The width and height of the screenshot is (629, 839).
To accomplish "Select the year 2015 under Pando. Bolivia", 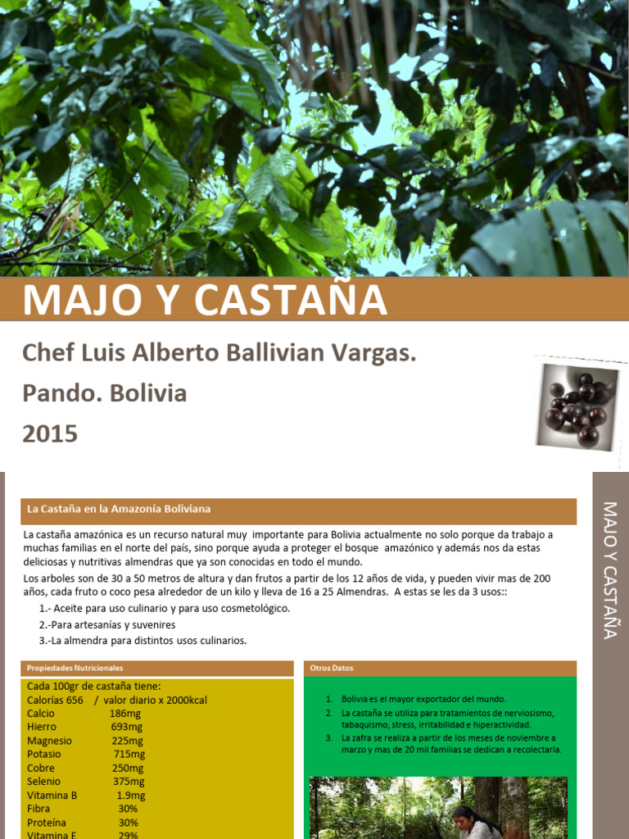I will point(50,433).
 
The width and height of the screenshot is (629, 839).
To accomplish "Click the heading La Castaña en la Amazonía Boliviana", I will point(119,509).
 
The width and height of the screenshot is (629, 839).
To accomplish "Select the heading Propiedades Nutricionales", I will point(75,668).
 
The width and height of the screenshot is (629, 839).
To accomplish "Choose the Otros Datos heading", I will point(332,668).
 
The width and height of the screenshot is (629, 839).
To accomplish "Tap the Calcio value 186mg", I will point(125,714).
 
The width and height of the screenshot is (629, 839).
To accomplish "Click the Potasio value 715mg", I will point(129,754).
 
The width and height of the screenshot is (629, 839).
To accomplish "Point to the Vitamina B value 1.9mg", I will point(130,795).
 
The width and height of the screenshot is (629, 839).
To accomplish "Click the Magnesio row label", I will point(49,741).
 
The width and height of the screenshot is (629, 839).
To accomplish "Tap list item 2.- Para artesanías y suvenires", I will point(107,624).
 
